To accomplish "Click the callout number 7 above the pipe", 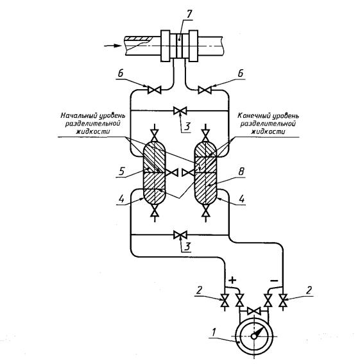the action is (x=189, y=14).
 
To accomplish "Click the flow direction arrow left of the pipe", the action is (x=113, y=45).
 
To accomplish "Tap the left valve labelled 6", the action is (x=154, y=90).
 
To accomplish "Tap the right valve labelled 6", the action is (x=205, y=90).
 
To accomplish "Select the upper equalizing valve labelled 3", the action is (x=180, y=111).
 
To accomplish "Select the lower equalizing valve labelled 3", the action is (x=180, y=235).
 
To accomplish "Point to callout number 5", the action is (x=121, y=172).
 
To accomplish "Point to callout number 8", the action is (x=241, y=172).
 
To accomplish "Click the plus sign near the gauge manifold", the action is (x=232, y=280).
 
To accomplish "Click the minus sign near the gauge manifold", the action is (x=274, y=281).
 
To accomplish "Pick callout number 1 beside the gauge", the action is (x=214, y=332).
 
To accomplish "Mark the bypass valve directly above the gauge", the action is (x=253, y=311).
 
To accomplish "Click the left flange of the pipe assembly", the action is (x=166, y=46).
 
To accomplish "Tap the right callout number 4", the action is (x=242, y=199).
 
